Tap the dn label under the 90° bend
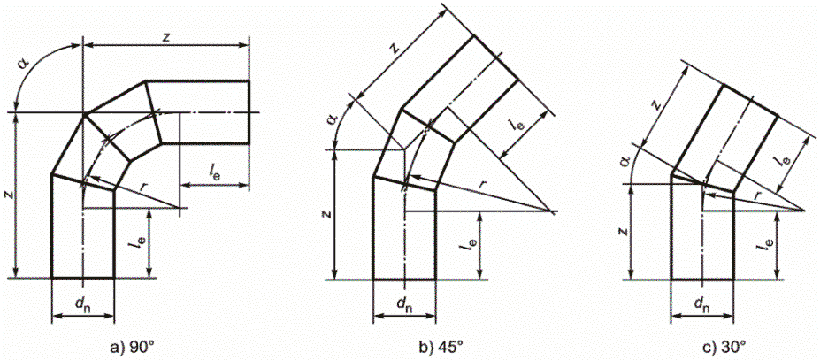pos(82,306)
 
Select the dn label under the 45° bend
pos(404,306)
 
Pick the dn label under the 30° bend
pos(701,306)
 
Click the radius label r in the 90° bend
pos(144,188)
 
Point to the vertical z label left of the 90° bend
pos(8,192)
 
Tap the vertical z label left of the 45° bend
pos(326,213)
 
